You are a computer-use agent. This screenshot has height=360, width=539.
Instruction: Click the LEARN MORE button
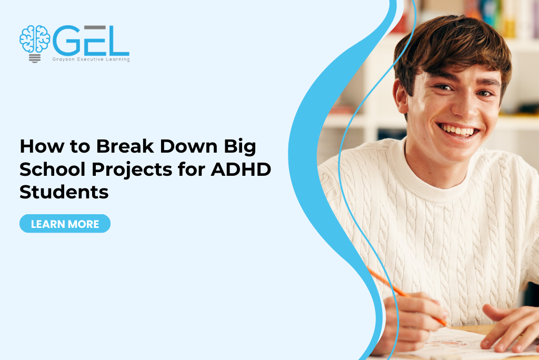point(65,224)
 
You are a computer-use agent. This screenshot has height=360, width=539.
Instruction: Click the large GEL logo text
point(91,42)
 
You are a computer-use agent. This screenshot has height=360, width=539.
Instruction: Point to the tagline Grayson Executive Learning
point(91,59)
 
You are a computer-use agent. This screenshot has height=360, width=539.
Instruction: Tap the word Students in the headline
point(64,192)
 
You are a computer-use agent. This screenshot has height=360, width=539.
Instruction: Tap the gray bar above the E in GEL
point(95,27)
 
